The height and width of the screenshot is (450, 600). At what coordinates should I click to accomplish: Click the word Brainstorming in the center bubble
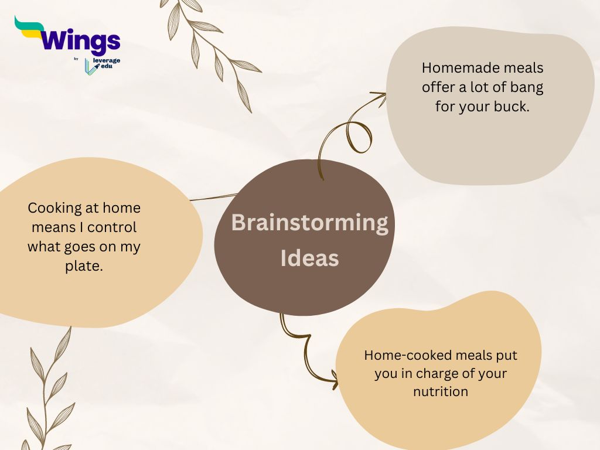pyautogui.click(x=309, y=223)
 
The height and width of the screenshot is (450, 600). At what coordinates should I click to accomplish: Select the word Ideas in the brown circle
pyautogui.click(x=309, y=258)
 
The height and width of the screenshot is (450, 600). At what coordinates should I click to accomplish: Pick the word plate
pyautogui.click(x=84, y=267)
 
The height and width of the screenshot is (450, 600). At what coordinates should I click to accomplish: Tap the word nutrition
pyautogui.click(x=441, y=391)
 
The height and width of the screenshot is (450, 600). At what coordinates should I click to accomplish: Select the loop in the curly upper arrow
pyautogui.click(x=359, y=137)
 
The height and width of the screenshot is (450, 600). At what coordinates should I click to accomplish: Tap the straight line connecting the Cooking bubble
pyautogui.click(x=213, y=197)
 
